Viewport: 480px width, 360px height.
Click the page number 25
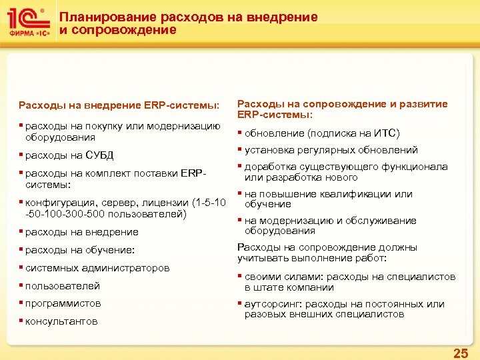[x=460, y=353]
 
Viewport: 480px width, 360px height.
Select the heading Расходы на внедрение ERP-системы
[x=118, y=105]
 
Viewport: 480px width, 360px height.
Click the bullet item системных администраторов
[x=97, y=268]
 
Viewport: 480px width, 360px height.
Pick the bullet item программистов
[x=63, y=303]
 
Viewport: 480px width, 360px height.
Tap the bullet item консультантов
[x=61, y=321]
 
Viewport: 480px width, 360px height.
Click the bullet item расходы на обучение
[x=79, y=250]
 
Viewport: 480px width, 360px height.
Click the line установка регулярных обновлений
[x=331, y=150]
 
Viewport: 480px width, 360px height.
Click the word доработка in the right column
[x=268, y=167]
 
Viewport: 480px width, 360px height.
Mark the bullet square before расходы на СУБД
[x=21, y=155]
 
